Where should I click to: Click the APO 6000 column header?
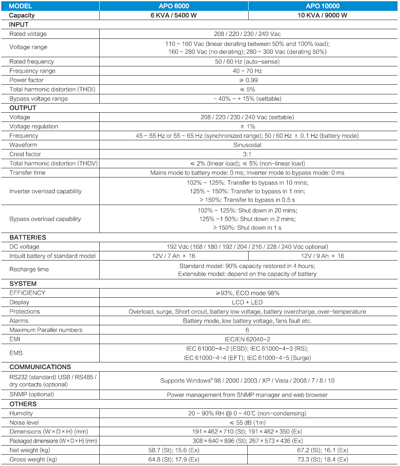pos(174,6)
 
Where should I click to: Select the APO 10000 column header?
pos(322,6)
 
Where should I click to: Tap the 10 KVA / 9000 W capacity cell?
pos(322,15)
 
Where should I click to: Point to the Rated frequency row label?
pos(32,61)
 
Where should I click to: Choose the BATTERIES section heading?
pos(28,237)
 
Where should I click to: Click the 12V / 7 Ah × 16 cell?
pos(174,256)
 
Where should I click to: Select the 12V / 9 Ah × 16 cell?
pos(322,256)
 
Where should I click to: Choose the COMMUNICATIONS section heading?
pos(40,367)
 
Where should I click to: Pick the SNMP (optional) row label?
pos(32,394)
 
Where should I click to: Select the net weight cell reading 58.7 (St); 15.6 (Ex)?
pos(174,450)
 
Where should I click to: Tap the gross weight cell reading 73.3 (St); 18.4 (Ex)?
pos(322,459)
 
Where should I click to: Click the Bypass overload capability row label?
pos(45,219)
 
